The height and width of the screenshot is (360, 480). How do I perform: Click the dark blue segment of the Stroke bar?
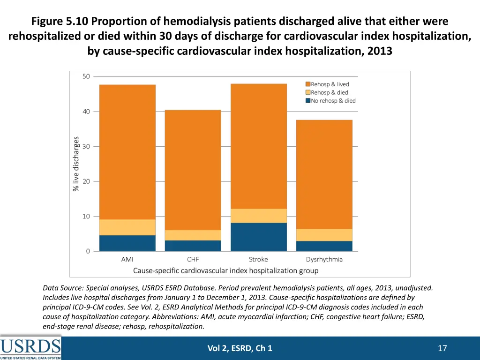click(x=258, y=237)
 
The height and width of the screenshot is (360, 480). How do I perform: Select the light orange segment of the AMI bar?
click(x=127, y=227)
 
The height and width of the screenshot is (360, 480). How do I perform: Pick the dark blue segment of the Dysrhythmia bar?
click(x=324, y=246)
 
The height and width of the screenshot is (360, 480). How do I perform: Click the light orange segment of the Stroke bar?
click(x=258, y=216)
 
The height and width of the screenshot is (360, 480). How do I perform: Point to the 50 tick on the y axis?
click(x=86, y=76)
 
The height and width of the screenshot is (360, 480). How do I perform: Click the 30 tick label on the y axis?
click(x=86, y=146)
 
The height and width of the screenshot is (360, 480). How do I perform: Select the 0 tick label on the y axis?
click(x=88, y=251)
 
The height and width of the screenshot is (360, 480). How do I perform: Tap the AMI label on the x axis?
click(x=127, y=259)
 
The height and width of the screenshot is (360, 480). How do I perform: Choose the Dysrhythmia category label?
click(x=324, y=259)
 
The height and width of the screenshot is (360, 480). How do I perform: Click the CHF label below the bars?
click(x=193, y=259)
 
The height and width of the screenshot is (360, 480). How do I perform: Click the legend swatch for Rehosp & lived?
click(x=307, y=84)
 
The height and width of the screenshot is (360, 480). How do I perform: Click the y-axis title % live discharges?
click(x=75, y=164)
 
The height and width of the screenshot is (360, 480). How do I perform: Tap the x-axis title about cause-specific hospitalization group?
click(x=225, y=270)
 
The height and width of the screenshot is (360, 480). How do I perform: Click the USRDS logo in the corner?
click(x=30, y=348)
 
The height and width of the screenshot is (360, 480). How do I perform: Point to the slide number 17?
click(x=442, y=348)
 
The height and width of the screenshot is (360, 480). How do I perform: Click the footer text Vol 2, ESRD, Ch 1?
click(x=240, y=348)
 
